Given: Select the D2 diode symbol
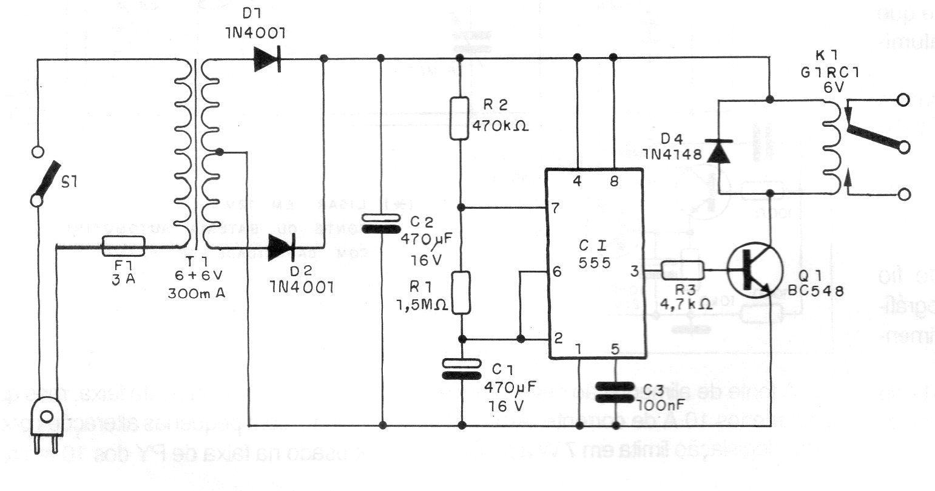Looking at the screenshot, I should click(282, 248).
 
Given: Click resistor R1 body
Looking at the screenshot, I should click(462, 293).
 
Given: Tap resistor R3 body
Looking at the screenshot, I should click(682, 269).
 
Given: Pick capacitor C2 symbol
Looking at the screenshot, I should click(381, 223).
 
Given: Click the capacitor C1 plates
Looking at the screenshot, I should click(461, 369).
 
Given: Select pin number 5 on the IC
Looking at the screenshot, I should click(615, 348).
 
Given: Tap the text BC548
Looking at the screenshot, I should click(815, 290).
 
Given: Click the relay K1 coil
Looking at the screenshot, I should click(831, 146).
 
